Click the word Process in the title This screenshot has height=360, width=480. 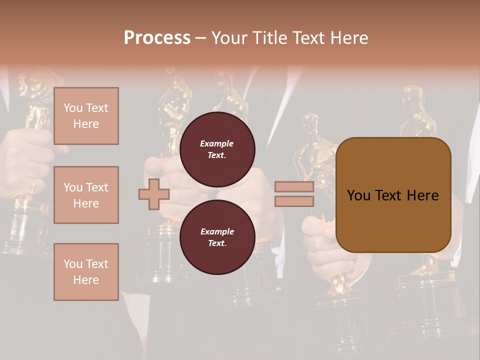click(x=157, y=37)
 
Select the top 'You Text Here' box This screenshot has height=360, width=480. click(x=86, y=116)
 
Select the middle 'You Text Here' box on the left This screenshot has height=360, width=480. click(x=86, y=195)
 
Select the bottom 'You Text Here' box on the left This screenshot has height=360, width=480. click(x=86, y=271)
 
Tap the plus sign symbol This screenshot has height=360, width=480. click(x=153, y=194)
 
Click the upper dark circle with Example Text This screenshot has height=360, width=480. click(x=217, y=149)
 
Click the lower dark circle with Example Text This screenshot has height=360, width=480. click(x=217, y=237)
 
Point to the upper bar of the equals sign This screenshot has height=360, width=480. click(x=294, y=187)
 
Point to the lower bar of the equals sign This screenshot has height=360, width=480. click(x=294, y=201)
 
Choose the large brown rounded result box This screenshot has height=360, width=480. click(x=393, y=195)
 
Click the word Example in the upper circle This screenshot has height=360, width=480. click(x=217, y=143)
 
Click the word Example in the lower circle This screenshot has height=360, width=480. click(x=217, y=231)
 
